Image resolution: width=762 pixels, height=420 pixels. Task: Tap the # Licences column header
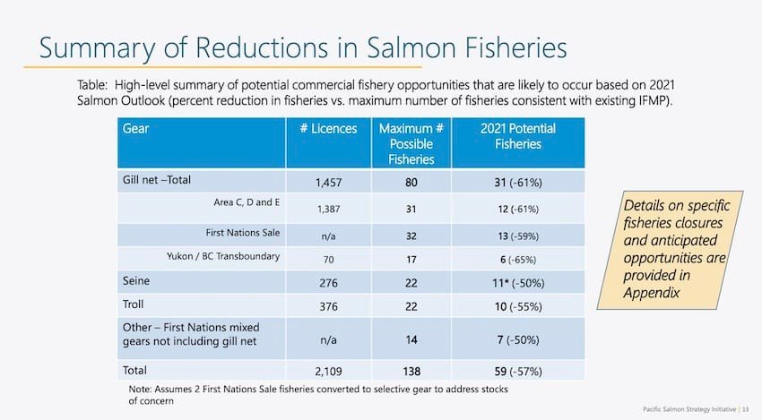328,129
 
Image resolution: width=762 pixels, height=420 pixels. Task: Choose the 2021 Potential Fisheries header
517,136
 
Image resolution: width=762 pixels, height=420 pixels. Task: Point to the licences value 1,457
328,183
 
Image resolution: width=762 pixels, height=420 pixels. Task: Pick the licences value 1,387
328,209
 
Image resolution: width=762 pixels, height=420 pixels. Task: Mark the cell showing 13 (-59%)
517,235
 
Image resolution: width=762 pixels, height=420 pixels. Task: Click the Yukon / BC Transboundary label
224,258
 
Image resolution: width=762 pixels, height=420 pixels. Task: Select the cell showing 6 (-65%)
517,260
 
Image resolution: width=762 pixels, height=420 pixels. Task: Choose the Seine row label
135,280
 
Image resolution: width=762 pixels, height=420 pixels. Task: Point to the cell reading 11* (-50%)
517,285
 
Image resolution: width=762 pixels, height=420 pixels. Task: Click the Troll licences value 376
328,309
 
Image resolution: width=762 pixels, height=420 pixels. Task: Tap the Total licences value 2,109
328,372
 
